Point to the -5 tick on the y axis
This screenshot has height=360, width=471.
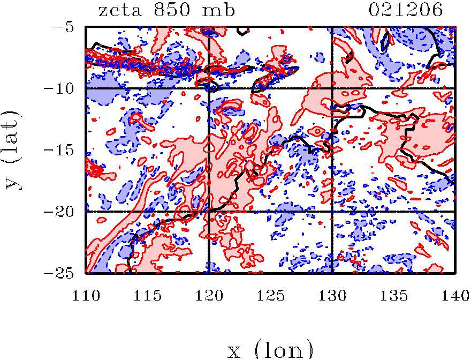point(67,26)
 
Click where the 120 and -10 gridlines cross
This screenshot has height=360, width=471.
point(209,88)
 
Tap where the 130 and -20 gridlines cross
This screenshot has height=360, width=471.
point(332,212)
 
